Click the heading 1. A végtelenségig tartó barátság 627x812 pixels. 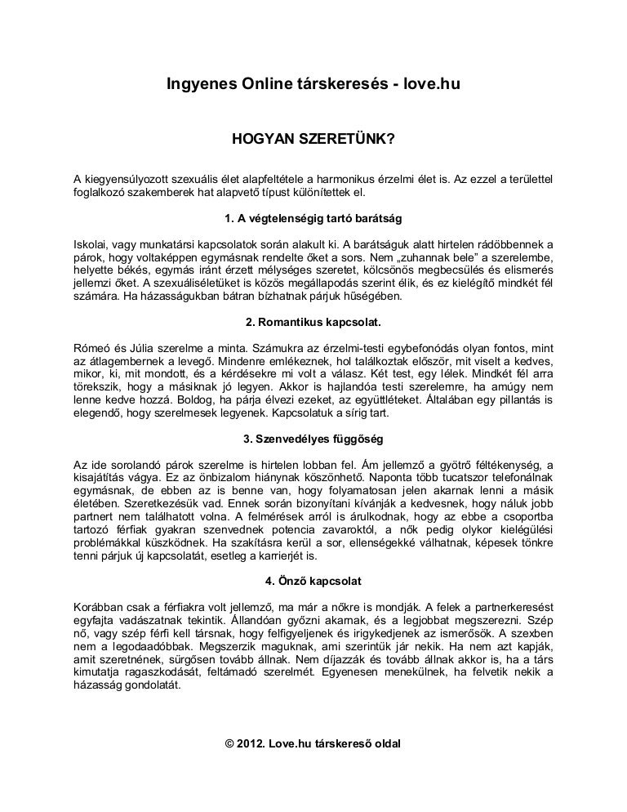313,220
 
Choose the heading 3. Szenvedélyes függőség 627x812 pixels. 313,437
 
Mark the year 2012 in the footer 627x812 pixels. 251,746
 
